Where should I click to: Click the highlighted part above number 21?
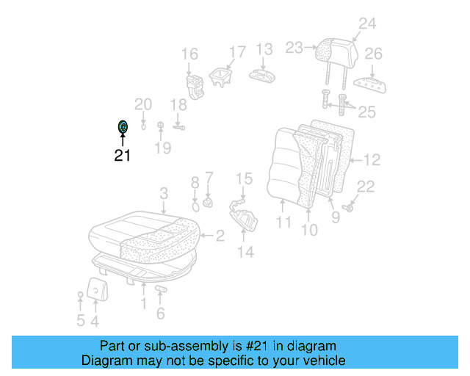[123, 127]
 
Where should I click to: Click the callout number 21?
[122, 155]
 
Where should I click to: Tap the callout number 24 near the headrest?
[367, 24]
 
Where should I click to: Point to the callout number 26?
[374, 54]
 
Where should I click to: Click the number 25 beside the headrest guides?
[366, 112]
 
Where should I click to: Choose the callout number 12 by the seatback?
[372, 159]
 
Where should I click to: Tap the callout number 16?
[189, 54]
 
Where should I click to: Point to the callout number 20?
[142, 104]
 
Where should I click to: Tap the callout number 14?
[245, 252]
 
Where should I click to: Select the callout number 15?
[244, 178]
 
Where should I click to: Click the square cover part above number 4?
[96, 289]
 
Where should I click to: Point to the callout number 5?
[80, 320]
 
